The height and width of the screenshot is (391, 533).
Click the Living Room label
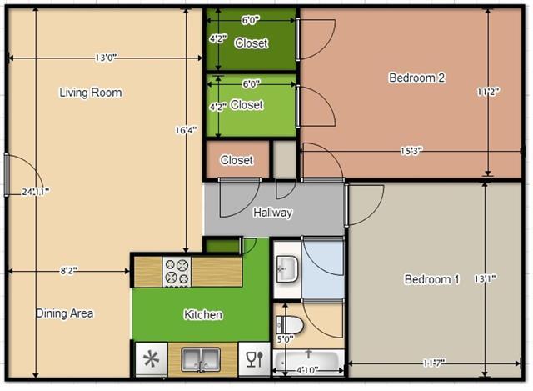(90, 93)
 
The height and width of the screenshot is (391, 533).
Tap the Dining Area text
(64, 313)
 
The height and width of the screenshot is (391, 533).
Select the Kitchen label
(202, 314)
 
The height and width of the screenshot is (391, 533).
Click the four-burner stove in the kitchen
(177, 271)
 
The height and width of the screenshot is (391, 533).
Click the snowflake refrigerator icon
(151, 359)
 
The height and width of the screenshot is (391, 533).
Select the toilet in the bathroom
(288, 323)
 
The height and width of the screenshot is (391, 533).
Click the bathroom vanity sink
(286, 268)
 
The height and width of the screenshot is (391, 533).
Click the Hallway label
(272, 213)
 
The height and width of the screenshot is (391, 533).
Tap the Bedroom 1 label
(431, 279)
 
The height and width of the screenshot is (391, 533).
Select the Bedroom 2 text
(416, 78)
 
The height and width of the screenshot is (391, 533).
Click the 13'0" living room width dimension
(105, 58)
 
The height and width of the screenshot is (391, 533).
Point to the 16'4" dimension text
(186, 130)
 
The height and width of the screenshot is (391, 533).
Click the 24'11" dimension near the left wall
(35, 191)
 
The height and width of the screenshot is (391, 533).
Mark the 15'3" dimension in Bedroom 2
(411, 151)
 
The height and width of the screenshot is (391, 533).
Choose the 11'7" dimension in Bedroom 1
(431, 363)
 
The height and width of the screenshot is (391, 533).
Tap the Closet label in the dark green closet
(251, 43)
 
